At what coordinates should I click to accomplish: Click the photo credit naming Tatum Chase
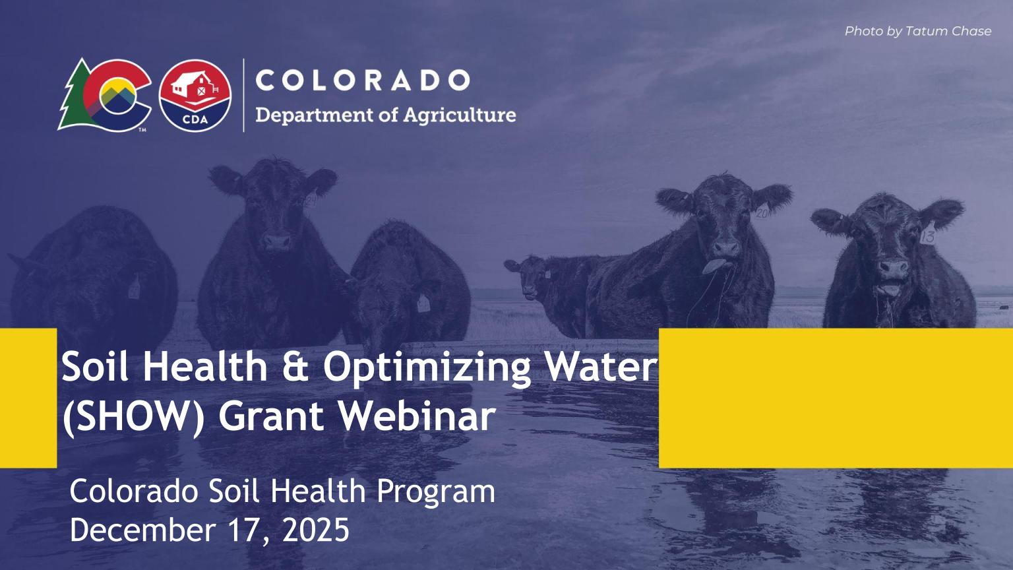coord(917,31)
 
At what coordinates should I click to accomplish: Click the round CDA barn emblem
coord(195,96)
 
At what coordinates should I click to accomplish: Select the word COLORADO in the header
coord(362,80)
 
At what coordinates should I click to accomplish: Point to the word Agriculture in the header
coord(460,115)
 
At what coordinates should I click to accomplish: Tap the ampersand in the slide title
coord(295,367)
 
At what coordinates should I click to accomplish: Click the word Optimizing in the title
coord(426,367)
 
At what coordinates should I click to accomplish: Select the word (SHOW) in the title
coord(134,416)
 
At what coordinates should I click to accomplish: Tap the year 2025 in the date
coord(316,530)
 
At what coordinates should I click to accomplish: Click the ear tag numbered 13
coord(928,236)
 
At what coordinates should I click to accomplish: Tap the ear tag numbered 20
coord(762,213)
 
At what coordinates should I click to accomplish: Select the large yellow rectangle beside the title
coord(836,398)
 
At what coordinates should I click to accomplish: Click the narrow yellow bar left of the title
coord(28,398)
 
